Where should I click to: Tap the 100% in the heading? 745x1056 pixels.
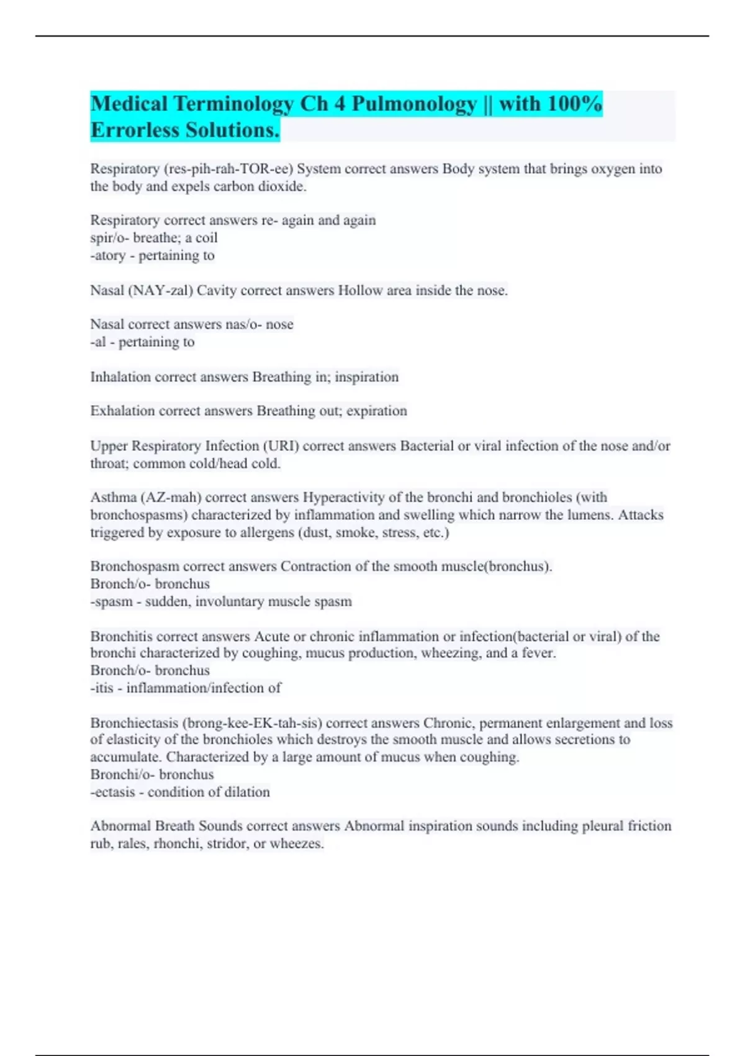click(574, 104)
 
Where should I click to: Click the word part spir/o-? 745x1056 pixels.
click(109, 238)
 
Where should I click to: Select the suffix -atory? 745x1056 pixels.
click(108, 255)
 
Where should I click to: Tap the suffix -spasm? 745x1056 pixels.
click(112, 602)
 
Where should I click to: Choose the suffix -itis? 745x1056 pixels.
click(102, 688)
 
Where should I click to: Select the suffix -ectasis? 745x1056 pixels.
click(112, 793)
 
